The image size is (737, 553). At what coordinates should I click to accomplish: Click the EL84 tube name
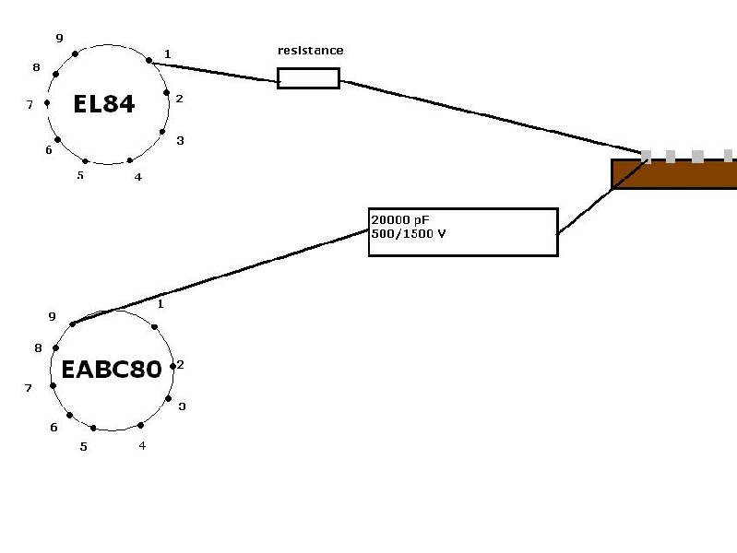click(x=104, y=104)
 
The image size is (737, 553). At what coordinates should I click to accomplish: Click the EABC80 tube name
click(x=112, y=370)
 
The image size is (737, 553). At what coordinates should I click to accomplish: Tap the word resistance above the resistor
click(x=310, y=51)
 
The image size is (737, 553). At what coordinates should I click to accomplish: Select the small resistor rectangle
click(x=308, y=78)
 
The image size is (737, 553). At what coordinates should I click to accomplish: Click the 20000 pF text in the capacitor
click(x=400, y=220)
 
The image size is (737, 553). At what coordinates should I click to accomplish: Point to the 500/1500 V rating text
click(x=409, y=233)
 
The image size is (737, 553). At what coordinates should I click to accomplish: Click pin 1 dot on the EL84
click(x=149, y=60)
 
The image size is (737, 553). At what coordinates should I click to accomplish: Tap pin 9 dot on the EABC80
click(x=72, y=324)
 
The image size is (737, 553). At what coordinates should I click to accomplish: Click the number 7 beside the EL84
click(x=30, y=105)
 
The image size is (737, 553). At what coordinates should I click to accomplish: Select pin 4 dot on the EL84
click(x=130, y=160)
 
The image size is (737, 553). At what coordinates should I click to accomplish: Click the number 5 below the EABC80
click(x=83, y=447)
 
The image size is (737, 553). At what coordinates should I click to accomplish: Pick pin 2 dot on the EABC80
click(x=172, y=366)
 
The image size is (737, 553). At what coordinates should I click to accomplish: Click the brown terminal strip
click(x=674, y=174)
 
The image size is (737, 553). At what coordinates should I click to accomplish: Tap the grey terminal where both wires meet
click(x=647, y=157)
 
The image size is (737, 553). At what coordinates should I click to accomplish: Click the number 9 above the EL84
click(x=59, y=39)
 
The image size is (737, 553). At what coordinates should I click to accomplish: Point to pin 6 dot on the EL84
click(x=57, y=139)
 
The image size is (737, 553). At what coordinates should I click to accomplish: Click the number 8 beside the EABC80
click(x=38, y=348)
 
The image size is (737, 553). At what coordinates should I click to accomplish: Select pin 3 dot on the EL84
click(x=162, y=132)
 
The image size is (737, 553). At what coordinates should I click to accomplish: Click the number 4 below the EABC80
click(x=142, y=445)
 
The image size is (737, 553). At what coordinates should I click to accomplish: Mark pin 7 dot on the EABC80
click(x=53, y=386)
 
